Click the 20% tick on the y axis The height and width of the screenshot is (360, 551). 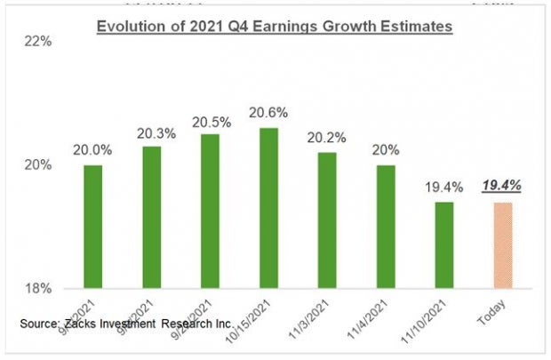coord(44,165)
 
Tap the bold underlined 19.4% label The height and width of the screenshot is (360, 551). coord(501,186)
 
